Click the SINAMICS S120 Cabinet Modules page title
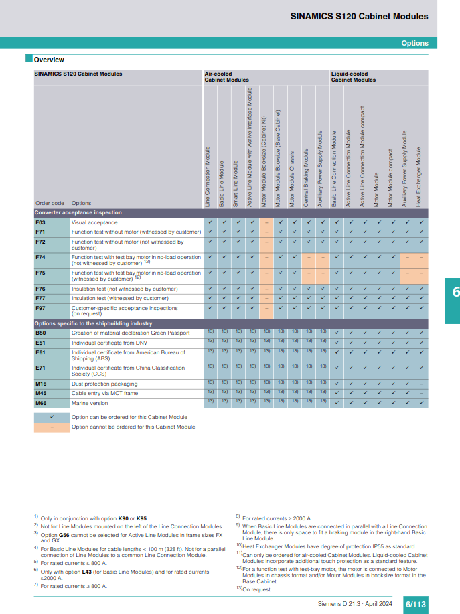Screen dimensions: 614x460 click(x=359, y=17)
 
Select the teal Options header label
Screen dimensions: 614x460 click(x=414, y=43)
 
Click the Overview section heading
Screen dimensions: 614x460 click(x=48, y=60)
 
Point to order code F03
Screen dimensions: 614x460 click(x=40, y=222)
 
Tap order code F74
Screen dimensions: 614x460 click(x=40, y=257)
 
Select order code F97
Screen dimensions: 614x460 click(x=40, y=308)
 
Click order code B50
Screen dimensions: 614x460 click(x=40, y=333)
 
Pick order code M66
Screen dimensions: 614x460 click(x=41, y=403)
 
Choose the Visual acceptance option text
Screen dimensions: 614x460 click(x=94, y=222)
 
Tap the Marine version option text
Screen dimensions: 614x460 click(x=90, y=403)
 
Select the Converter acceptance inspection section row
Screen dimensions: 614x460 click(x=78, y=212)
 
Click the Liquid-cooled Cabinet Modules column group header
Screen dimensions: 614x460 click(x=353, y=76)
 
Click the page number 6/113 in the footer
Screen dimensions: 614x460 click(x=415, y=605)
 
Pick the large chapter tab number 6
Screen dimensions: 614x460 click(x=456, y=291)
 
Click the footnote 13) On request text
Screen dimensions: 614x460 click(x=257, y=589)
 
